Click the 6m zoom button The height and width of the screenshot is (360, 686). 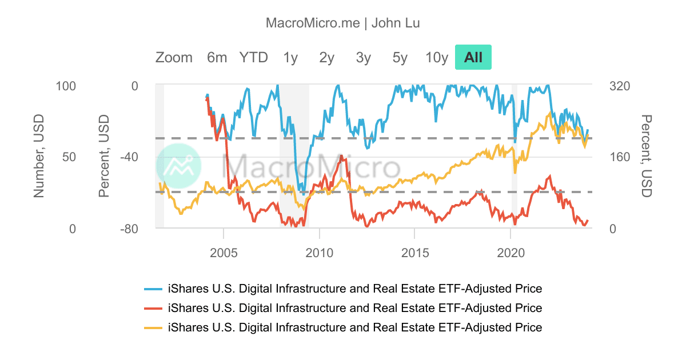click(x=217, y=57)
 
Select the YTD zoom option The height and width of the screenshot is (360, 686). click(x=253, y=57)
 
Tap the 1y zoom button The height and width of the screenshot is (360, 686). click(x=290, y=57)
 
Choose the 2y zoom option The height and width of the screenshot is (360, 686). click(x=326, y=57)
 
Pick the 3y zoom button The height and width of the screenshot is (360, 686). click(x=363, y=57)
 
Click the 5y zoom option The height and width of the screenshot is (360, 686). click(x=400, y=57)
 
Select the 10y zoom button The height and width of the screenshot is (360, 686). click(x=437, y=57)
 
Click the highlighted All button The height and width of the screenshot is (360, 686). click(x=473, y=57)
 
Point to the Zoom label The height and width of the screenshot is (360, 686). click(x=174, y=57)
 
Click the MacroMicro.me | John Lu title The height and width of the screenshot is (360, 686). click(x=343, y=23)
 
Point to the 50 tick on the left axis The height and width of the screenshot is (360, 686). click(x=68, y=157)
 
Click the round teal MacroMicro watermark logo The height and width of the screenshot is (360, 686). click(x=178, y=166)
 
